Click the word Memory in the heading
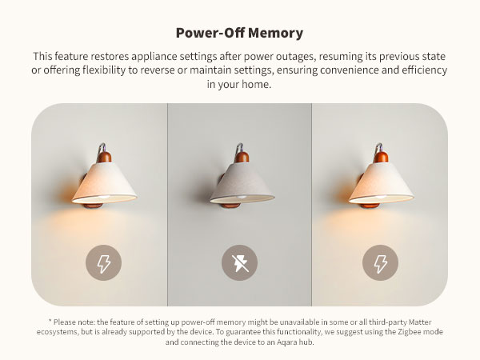[275, 33]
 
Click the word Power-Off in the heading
[210, 33]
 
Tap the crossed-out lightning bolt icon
[239, 262]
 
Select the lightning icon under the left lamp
[103, 262]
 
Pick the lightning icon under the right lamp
[380, 262]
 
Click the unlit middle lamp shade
[242, 183]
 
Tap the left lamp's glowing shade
[104, 183]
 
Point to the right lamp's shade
[381, 183]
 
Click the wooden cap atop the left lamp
[104, 157]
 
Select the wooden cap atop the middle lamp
[242, 157]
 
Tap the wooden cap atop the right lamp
[381, 157]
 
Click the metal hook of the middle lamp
[239, 148]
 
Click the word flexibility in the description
[104, 70]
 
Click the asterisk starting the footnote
[50, 321]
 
